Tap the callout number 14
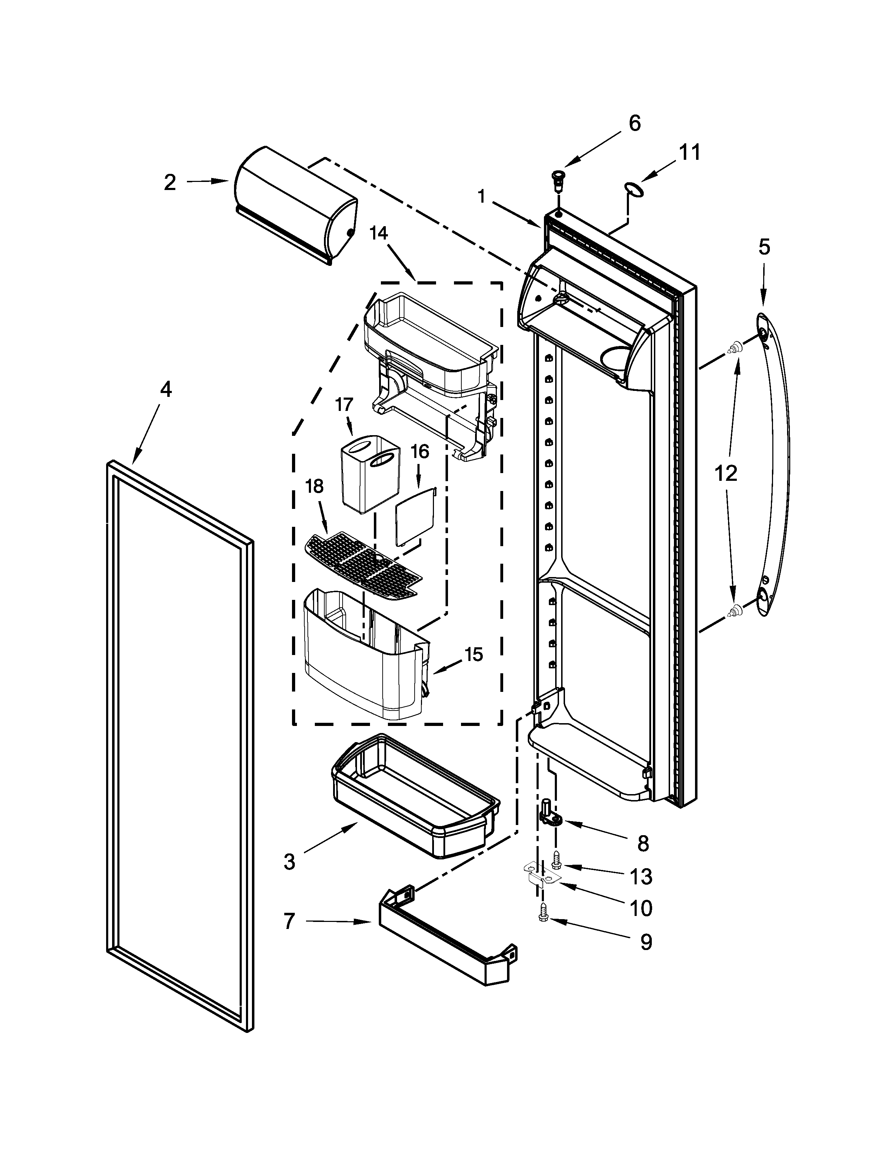(x=378, y=234)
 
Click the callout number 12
(x=726, y=473)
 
